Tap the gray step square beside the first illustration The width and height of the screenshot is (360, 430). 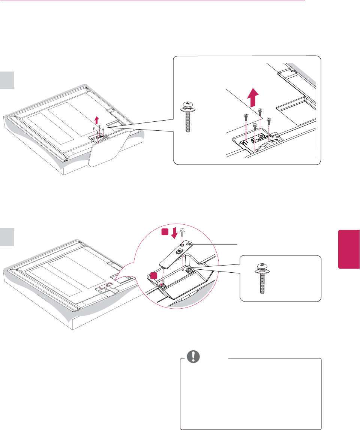pyautogui.click(x=7, y=81)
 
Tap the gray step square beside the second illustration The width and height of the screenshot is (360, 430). pyautogui.click(x=7, y=237)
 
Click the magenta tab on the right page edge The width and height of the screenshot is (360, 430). pyautogui.click(x=349, y=249)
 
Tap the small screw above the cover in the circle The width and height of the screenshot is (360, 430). pyautogui.click(x=182, y=232)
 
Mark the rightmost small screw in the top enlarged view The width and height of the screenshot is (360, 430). pyautogui.click(x=268, y=122)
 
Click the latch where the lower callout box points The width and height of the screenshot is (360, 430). pyautogui.click(x=188, y=269)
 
